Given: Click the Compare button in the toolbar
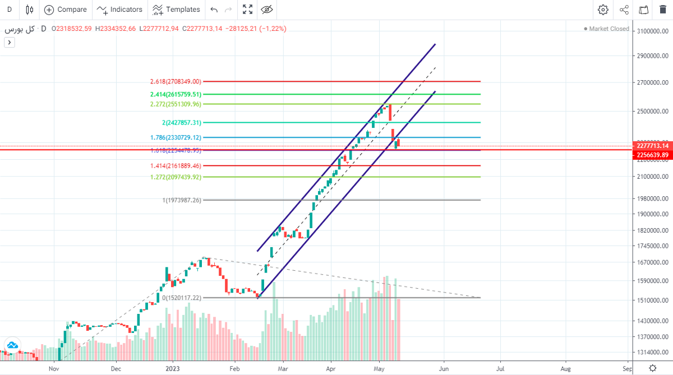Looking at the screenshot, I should [66, 10].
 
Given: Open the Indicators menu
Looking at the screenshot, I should [119, 10].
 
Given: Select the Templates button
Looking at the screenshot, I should [176, 10].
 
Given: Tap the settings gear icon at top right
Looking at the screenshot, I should [603, 10].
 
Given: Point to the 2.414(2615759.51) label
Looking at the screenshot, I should [175, 95].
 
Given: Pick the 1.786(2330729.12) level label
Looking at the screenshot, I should [175, 137].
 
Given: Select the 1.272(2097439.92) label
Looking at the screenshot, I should [175, 177].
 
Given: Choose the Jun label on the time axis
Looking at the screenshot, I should [444, 369].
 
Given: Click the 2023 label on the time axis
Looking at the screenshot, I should [173, 369].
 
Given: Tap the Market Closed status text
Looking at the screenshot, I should [608, 29].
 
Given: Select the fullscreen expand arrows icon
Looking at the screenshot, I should [247, 10].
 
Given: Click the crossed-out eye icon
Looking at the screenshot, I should [267, 10].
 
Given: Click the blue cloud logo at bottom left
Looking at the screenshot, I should [12, 345].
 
